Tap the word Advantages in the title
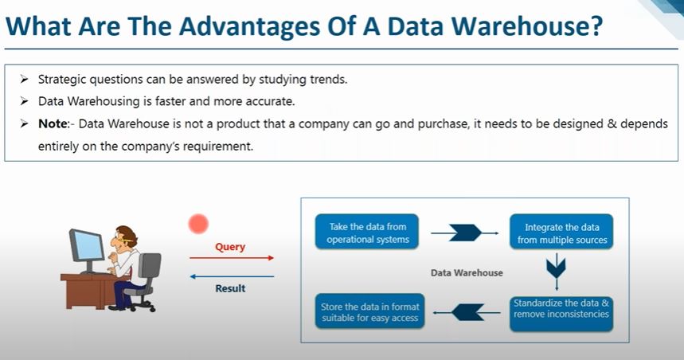224,26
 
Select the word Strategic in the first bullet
64,80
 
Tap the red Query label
230,247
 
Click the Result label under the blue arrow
230,288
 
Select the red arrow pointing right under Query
231,258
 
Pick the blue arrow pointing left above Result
231,276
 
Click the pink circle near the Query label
197,224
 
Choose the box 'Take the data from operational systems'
368,233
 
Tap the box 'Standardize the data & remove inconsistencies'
561,308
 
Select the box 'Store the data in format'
369,311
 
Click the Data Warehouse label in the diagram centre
467,272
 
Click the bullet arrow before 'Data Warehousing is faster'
23,103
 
